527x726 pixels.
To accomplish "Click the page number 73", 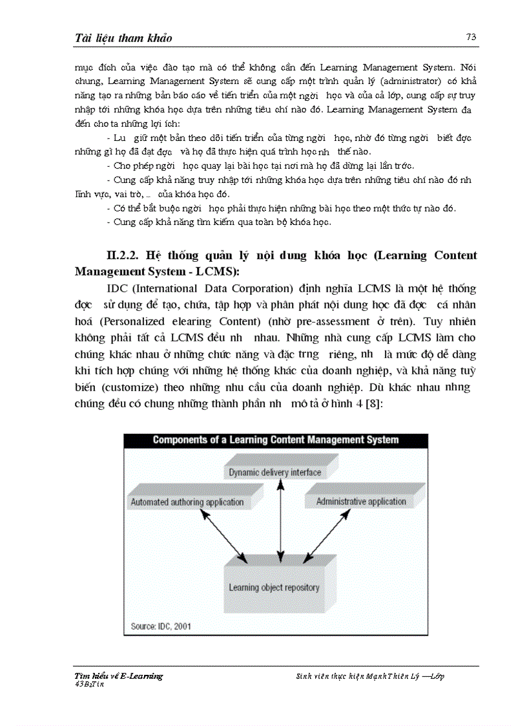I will click(471, 37).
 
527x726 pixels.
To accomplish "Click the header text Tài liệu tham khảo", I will click(123, 38).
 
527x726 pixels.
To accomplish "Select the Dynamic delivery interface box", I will click(274, 472).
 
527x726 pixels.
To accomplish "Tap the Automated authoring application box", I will click(187, 502).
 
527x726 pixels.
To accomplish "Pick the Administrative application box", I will click(361, 501).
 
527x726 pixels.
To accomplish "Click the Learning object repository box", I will click(274, 587).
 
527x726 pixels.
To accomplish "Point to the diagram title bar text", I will click(275, 440).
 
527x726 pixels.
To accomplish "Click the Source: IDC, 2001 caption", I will click(161, 626).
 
